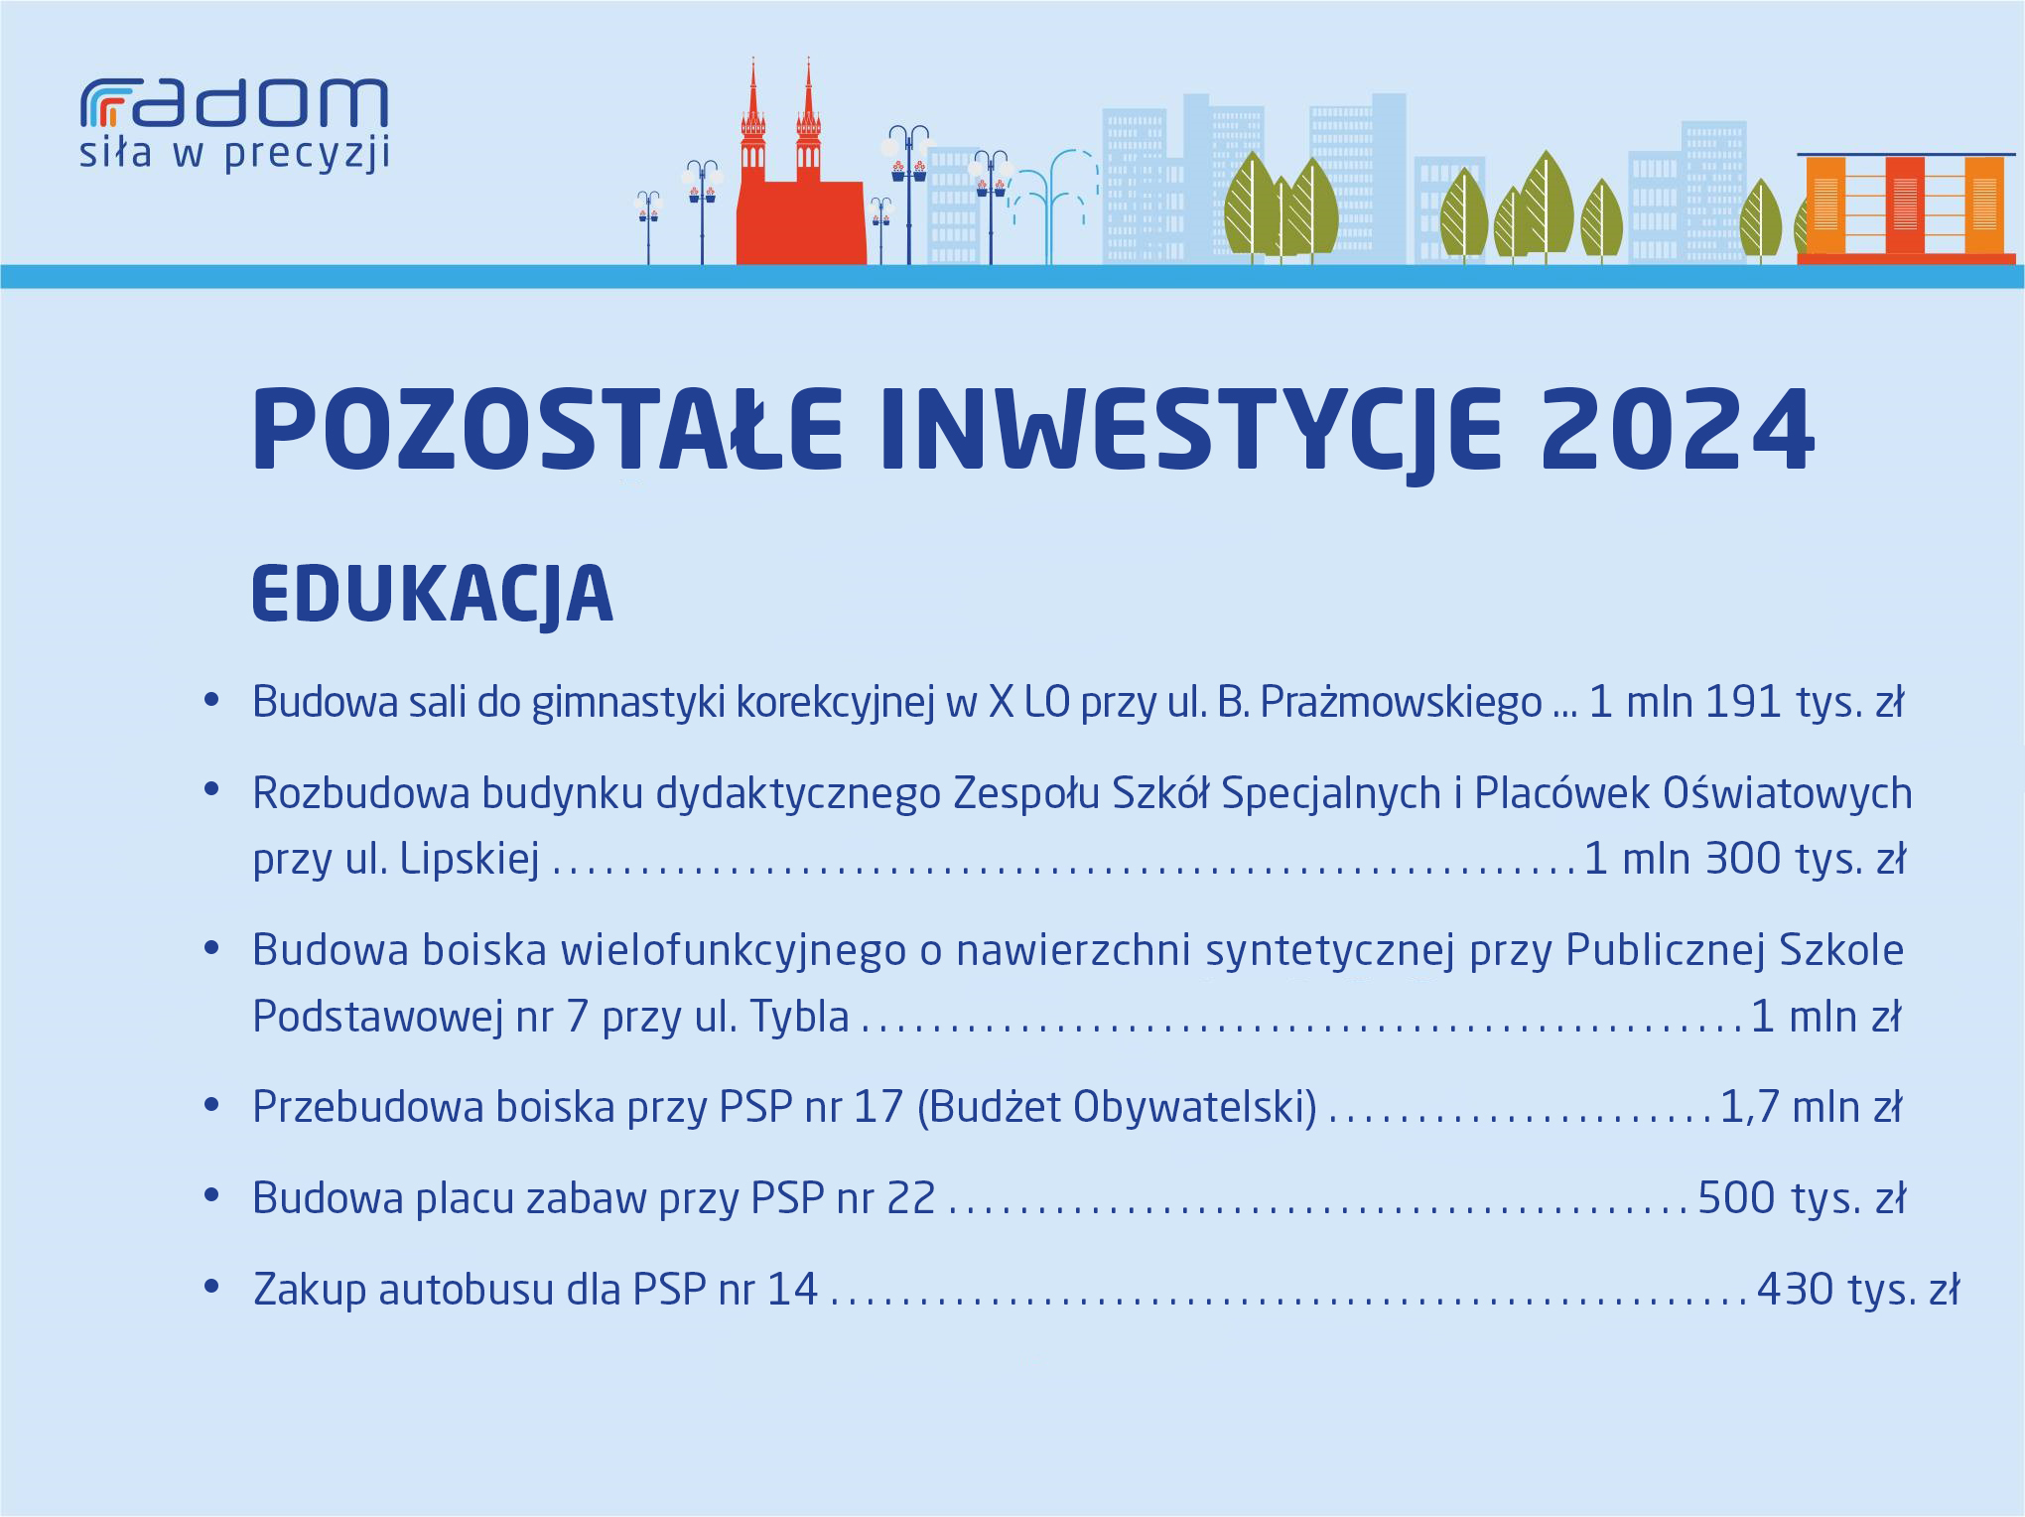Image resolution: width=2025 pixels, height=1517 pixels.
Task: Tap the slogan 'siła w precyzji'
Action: click(234, 156)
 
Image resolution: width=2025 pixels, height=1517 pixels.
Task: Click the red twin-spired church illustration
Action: click(800, 164)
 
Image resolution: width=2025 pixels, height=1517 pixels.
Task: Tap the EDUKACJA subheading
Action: click(433, 595)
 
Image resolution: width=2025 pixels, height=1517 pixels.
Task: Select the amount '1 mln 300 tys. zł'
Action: click(1745, 859)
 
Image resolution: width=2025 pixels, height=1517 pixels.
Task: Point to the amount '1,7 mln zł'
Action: click(1811, 1107)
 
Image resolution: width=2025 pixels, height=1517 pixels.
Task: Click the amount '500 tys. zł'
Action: click(1802, 1198)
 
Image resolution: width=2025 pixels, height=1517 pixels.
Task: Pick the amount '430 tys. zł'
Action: click(1858, 1290)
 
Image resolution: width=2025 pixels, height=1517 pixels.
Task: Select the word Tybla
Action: click(799, 1017)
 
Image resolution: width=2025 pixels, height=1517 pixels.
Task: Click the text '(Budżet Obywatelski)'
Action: click(1117, 1108)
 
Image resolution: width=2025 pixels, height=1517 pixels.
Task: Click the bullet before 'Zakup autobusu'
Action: click(210, 1288)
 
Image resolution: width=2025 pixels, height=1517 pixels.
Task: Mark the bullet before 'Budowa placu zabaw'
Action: click(210, 1196)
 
